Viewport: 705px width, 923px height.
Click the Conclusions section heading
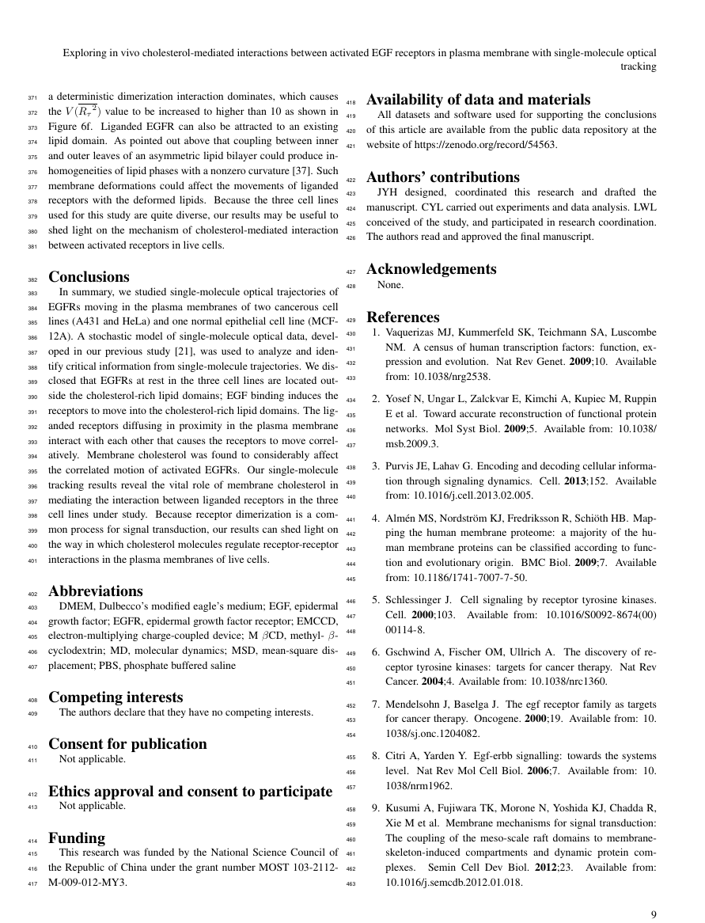89,277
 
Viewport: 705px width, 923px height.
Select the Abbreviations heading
96,591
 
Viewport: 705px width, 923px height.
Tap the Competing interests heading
116,697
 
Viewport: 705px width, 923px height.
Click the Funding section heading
77,838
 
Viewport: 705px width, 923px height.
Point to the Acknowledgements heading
431,269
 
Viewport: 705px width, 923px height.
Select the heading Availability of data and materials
478,100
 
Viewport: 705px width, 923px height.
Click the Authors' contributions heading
443,177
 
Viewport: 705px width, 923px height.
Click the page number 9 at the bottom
654,915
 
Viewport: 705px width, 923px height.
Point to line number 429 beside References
352,320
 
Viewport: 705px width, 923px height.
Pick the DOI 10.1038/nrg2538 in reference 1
447,377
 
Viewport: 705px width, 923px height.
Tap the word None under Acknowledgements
390,284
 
